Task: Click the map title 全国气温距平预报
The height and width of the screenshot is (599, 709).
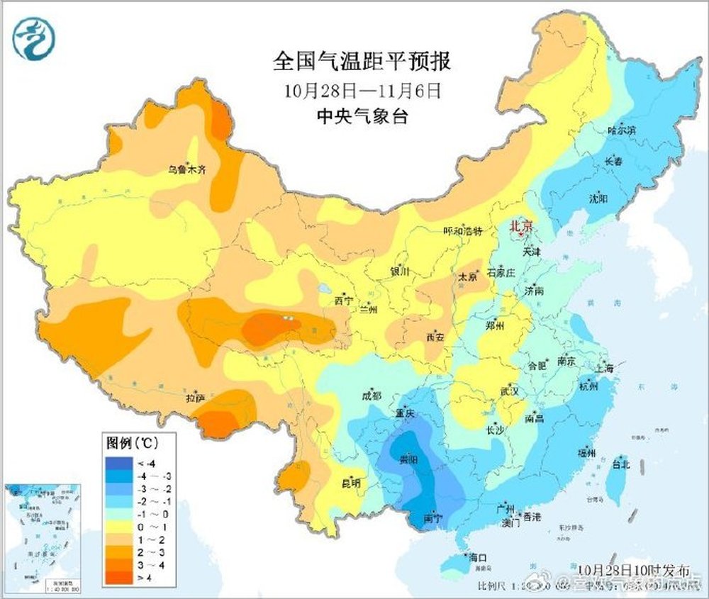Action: coord(362,62)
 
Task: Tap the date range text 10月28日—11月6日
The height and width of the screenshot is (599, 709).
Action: coord(362,91)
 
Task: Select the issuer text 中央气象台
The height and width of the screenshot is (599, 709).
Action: coord(362,116)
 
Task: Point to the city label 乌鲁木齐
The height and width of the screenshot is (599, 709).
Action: coord(186,169)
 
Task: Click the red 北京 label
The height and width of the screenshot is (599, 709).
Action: coord(521,226)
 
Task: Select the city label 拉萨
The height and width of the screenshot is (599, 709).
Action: coord(195,398)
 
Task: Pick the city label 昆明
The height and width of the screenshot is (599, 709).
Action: coord(351,483)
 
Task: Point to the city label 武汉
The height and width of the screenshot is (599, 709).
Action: coord(510,391)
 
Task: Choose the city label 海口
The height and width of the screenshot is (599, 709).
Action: coord(479,558)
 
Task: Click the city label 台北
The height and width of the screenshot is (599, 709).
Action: coord(620,465)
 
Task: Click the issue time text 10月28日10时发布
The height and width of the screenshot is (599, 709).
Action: coord(633,570)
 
